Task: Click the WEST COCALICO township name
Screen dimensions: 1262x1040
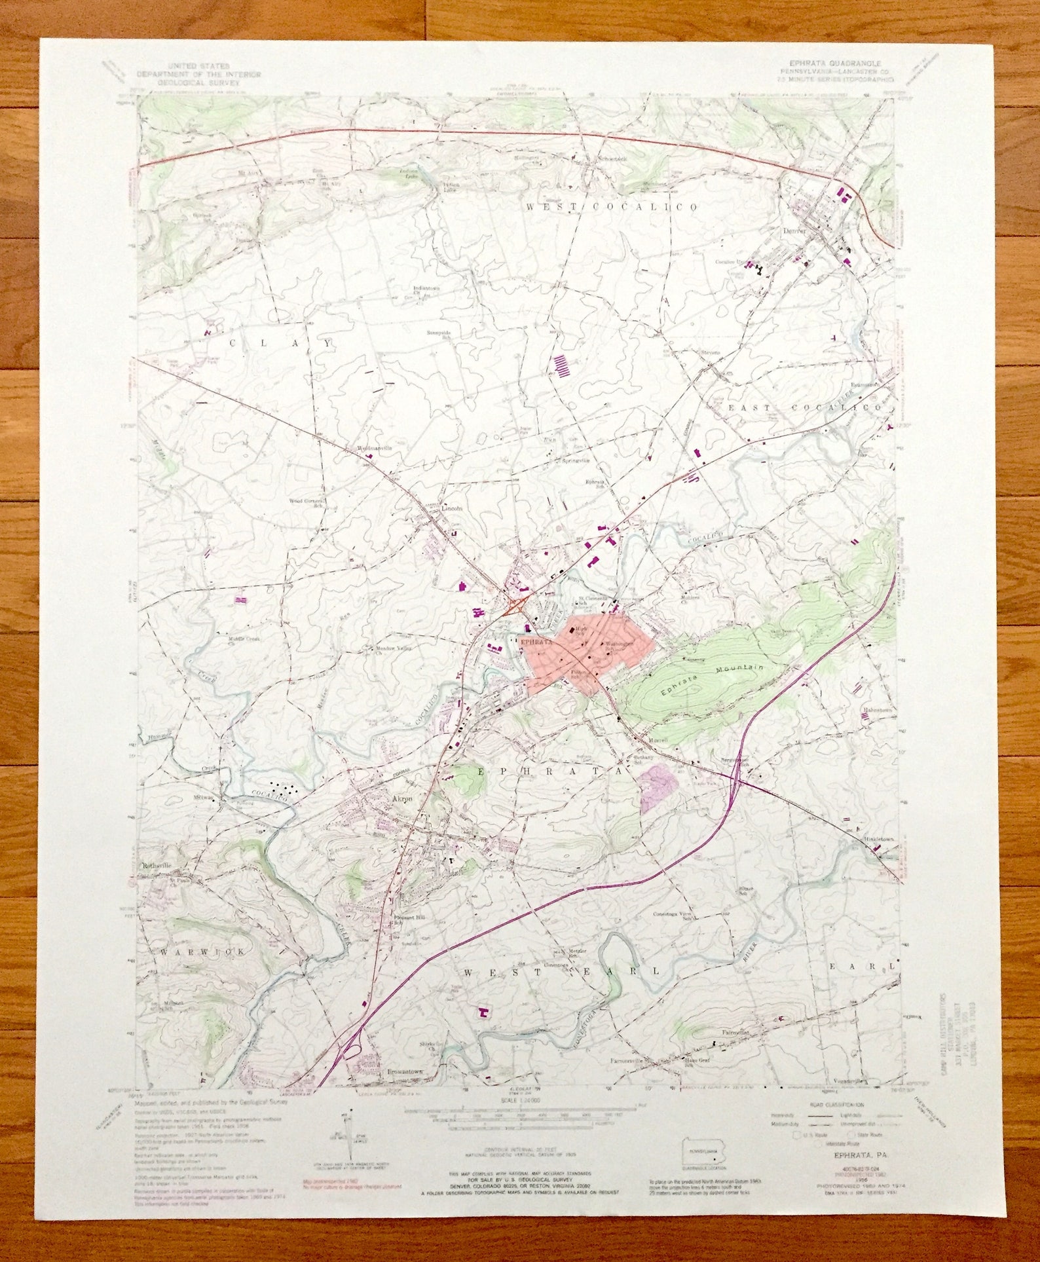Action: tap(612, 207)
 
